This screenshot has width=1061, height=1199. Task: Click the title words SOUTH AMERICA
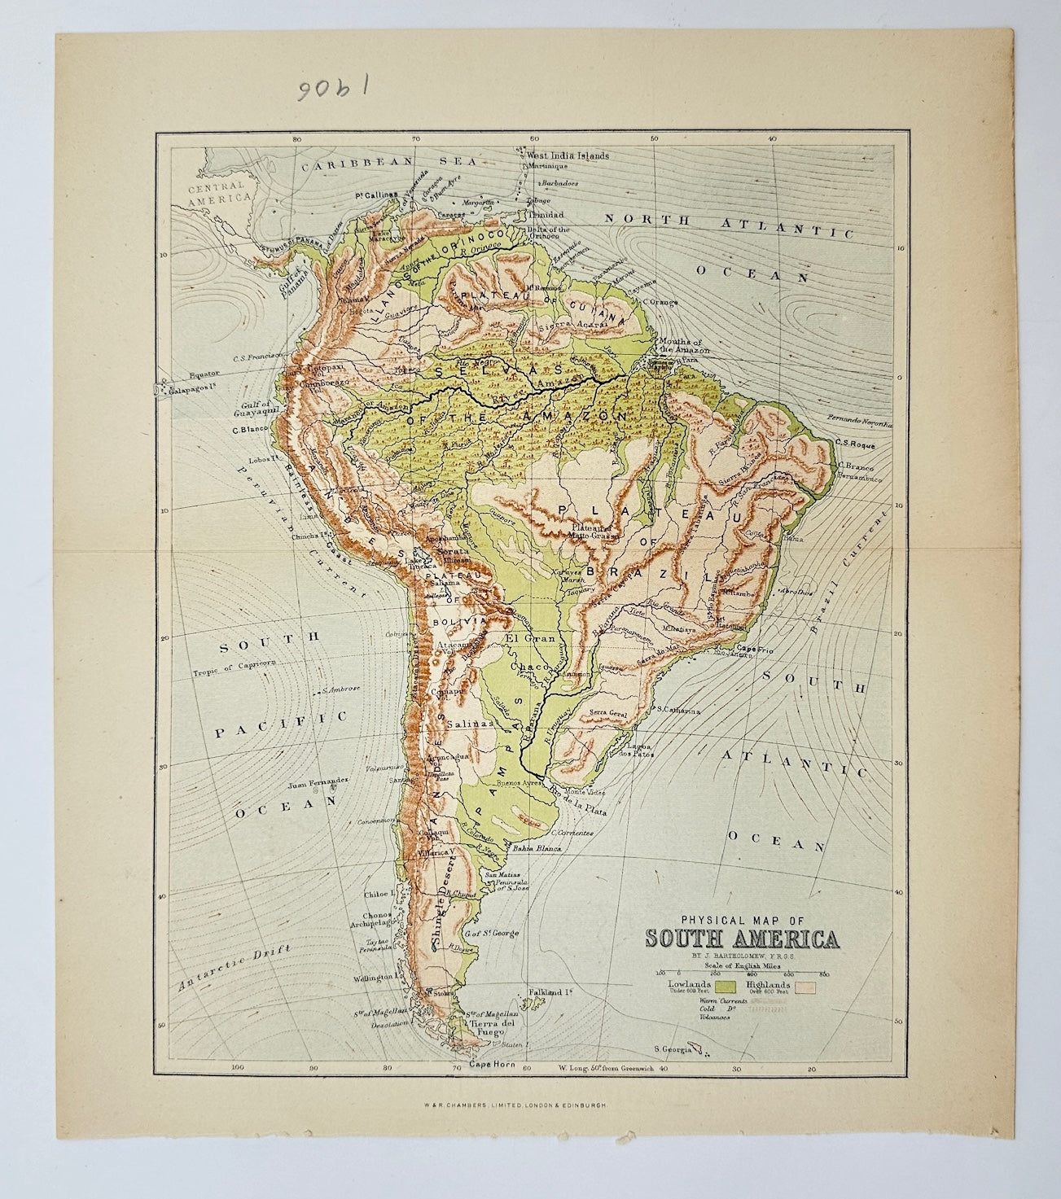tap(742, 939)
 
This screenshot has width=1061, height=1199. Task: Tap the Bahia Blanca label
tap(533, 849)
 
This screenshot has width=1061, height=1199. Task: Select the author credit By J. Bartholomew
tap(741, 956)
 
